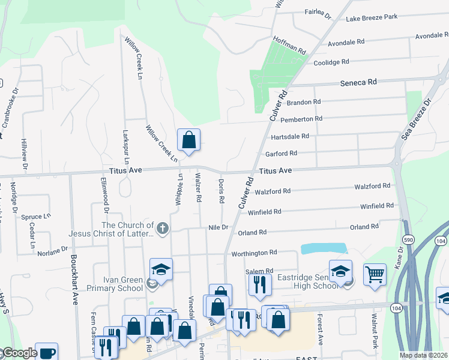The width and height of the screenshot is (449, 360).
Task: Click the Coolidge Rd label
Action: [x=331, y=62]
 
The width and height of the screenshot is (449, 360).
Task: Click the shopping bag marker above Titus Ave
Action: [x=188, y=141]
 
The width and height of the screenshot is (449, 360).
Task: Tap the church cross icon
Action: [x=162, y=228]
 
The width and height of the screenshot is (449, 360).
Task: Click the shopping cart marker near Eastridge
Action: [x=375, y=274]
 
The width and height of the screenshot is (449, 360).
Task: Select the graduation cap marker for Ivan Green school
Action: [x=161, y=269]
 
